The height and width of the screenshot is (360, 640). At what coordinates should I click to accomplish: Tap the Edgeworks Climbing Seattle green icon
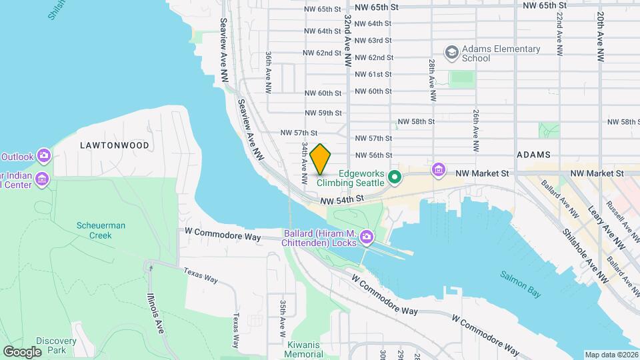pyautogui.click(x=394, y=177)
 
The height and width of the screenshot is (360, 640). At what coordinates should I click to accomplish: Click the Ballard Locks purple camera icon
pyautogui.click(x=366, y=237)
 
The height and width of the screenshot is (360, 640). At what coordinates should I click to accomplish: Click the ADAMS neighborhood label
pyautogui.click(x=533, y=155)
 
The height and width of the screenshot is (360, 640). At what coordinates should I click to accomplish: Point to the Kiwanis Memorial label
pyautogui.click(x=303, y=349)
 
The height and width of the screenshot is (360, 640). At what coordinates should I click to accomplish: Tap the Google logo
pyautogui.click(x=22, y=351)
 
